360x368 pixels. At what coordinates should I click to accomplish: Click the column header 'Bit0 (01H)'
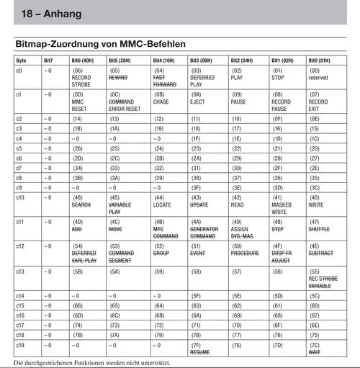[x=320, y=61]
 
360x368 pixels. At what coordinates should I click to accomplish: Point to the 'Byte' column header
[x=21, y=61]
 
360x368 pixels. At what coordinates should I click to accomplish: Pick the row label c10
[x=20, y=197]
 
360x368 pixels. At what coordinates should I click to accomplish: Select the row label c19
[x=20, y=345]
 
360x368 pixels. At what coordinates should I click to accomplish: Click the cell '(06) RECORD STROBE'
[x=82, y=77]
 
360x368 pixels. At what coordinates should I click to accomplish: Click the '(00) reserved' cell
[x=318, y=74]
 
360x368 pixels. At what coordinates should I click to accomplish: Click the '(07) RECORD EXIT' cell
[x=319, y=102]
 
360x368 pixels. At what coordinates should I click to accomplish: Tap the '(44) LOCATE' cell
[x=164, y=201]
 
